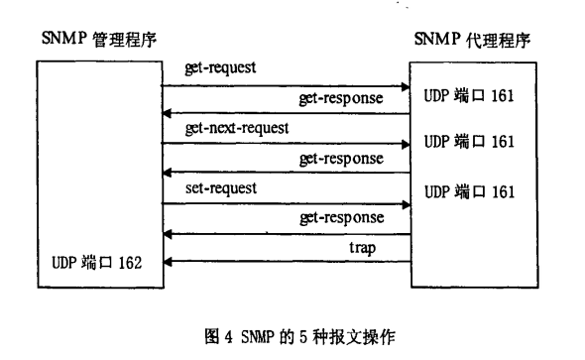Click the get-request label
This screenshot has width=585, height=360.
coord(220,69)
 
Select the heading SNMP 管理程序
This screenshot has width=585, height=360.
coord(99,40)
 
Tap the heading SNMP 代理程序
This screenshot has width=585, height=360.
coord(472,41)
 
